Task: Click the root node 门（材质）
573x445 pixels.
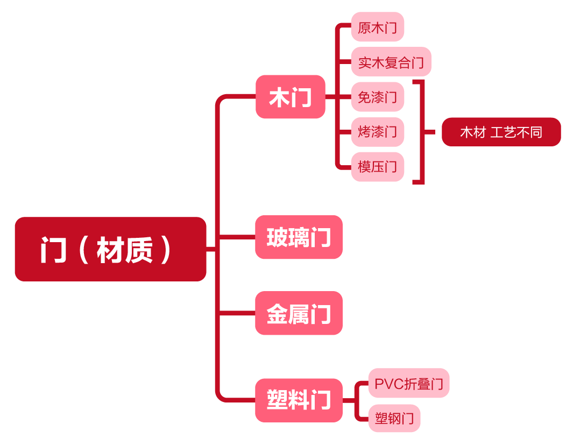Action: pos(110,249)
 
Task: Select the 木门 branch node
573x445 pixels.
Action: pos(290,97)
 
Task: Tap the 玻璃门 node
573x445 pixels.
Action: pos(299,237)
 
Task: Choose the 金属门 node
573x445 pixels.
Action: pos(299,313)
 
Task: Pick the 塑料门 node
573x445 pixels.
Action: pos(299,400)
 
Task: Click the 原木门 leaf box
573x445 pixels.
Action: pos(377,27)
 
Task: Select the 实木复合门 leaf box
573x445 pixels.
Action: pos(391,62)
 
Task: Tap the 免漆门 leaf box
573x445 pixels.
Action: pos(377,97)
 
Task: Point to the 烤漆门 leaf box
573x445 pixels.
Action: pos(377,132)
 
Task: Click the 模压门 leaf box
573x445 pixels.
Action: pos(377,167)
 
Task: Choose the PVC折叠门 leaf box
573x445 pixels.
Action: pos(408,383)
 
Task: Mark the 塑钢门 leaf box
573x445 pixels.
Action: pos(394,418)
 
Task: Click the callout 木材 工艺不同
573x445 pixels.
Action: pos(501,132)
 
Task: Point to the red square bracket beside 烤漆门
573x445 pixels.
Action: pos(422,132)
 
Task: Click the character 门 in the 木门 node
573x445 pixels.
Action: pos(302,97)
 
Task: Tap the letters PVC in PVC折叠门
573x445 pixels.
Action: pos(388,384)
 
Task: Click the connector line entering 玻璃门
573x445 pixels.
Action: pos(237,237)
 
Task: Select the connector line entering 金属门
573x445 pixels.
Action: pos(237,313)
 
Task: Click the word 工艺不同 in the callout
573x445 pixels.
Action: pos(517,132)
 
